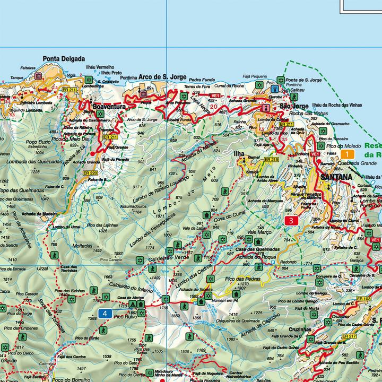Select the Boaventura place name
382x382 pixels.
pyautogui.click(x=108, y=107)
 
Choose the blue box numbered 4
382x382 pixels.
pyautogui.click(x=105, y=314)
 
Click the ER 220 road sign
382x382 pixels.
pyautogui.click(x=91, y=173)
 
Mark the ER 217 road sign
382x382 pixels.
pyautogui.click(x=349, y=336)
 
